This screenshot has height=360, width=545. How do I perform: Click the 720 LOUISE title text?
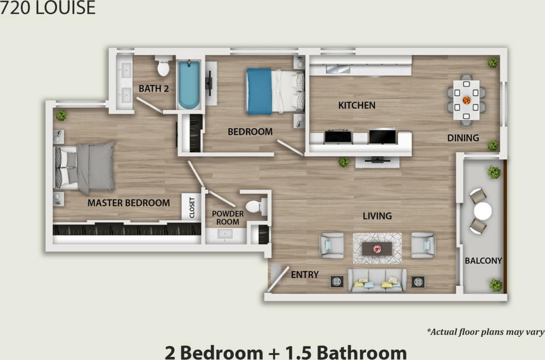tap(47, 8)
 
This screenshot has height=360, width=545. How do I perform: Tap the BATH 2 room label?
tap(154, 89)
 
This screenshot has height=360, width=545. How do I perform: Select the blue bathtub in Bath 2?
tap(189, 85)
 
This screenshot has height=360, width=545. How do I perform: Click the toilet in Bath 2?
tap(163, 67)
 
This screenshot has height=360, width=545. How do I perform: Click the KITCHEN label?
tap(356, 105)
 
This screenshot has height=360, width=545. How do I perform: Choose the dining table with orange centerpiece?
tap(466, 100)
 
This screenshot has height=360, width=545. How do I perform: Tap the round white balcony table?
tap(482, 211)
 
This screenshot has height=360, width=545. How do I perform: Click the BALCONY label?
tap(483, 261)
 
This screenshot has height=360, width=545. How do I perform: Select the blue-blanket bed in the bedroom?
tap(275, 91)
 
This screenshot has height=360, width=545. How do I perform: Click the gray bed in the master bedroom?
tap(86, 167)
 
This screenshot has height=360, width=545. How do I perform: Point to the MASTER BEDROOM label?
tap(128, 203)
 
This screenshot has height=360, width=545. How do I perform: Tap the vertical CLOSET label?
tap(192, 207)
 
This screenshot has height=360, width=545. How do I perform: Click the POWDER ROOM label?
tap(228, 218)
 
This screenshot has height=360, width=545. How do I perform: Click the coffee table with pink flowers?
tap(377, 249)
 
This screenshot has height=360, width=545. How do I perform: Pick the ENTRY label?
tap(304, 274)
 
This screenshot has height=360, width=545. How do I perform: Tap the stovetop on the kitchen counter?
tap(338, 137)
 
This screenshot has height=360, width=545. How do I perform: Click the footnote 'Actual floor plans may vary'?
tap(485, 331)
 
